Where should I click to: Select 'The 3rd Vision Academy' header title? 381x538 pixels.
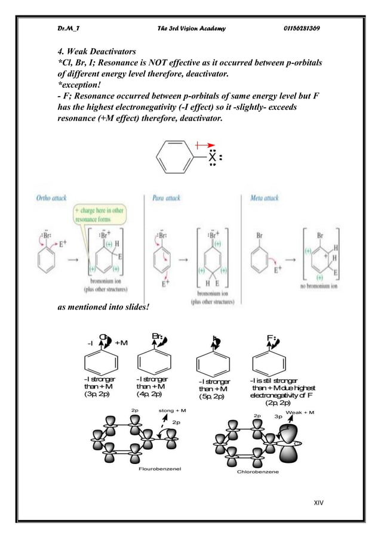point(190,30)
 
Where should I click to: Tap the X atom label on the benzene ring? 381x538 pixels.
point(212,158)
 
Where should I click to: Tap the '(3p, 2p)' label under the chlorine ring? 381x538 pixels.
point(97,394)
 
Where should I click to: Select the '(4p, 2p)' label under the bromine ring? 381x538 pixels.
point(149,394)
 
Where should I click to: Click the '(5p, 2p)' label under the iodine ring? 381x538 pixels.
point(211,397)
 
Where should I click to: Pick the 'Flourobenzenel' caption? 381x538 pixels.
point(160,469)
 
